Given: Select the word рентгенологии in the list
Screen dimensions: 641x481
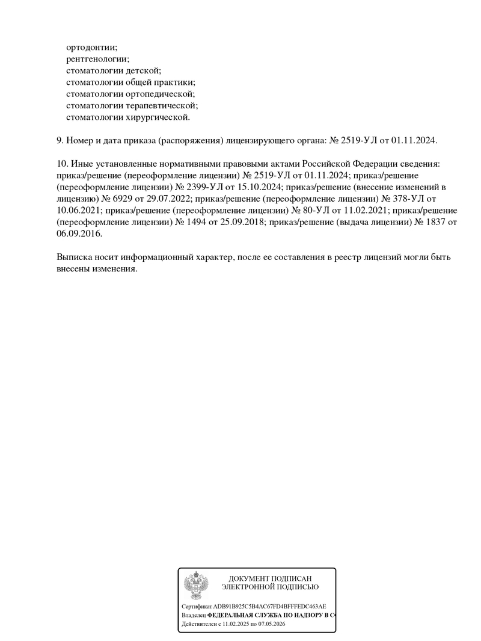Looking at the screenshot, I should coord(97,58).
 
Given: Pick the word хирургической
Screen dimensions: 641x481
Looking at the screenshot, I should coord(159,117).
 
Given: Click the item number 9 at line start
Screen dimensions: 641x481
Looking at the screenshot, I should coord(59,140).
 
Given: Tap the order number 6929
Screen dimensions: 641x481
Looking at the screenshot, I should coord(121,198).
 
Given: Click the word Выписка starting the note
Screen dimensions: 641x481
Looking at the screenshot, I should coord(75,257).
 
